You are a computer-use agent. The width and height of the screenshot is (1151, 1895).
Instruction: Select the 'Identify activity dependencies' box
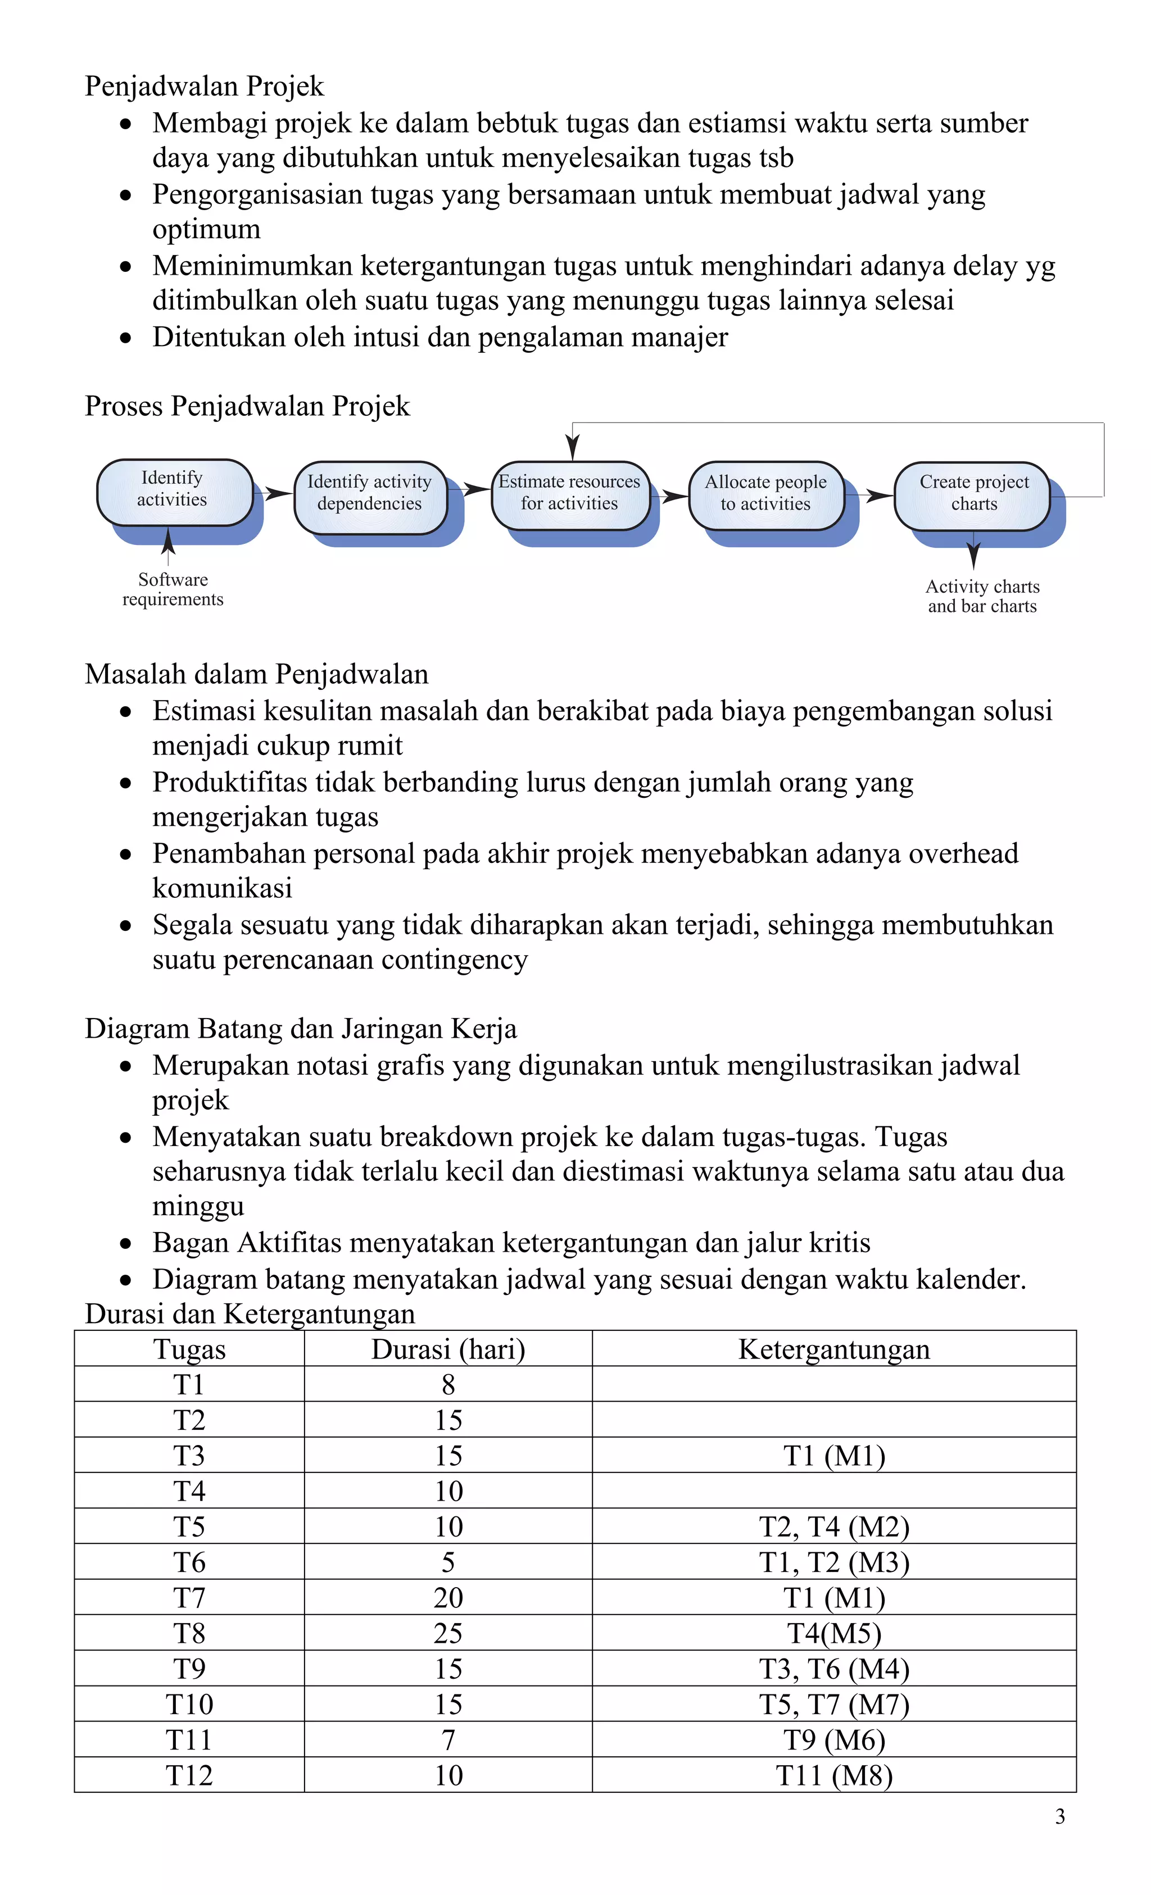[x=369, y=494]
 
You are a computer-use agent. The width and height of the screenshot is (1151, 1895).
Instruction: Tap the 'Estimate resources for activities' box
[x=569, y=494]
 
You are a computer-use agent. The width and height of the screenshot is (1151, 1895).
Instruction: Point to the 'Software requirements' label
[x=173, y=590]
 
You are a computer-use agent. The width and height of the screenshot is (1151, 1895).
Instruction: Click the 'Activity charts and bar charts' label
[x=982, y=597]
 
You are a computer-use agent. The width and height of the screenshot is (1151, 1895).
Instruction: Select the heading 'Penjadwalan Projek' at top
[x=204, y=86]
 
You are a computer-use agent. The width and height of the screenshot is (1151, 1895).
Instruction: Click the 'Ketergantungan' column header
[x=834, y=1349]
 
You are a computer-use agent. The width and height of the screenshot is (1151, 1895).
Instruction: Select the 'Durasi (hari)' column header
[x=448, y=1349]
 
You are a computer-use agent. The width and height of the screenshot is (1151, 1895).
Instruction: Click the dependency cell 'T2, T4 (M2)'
[x=834, y=1526]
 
